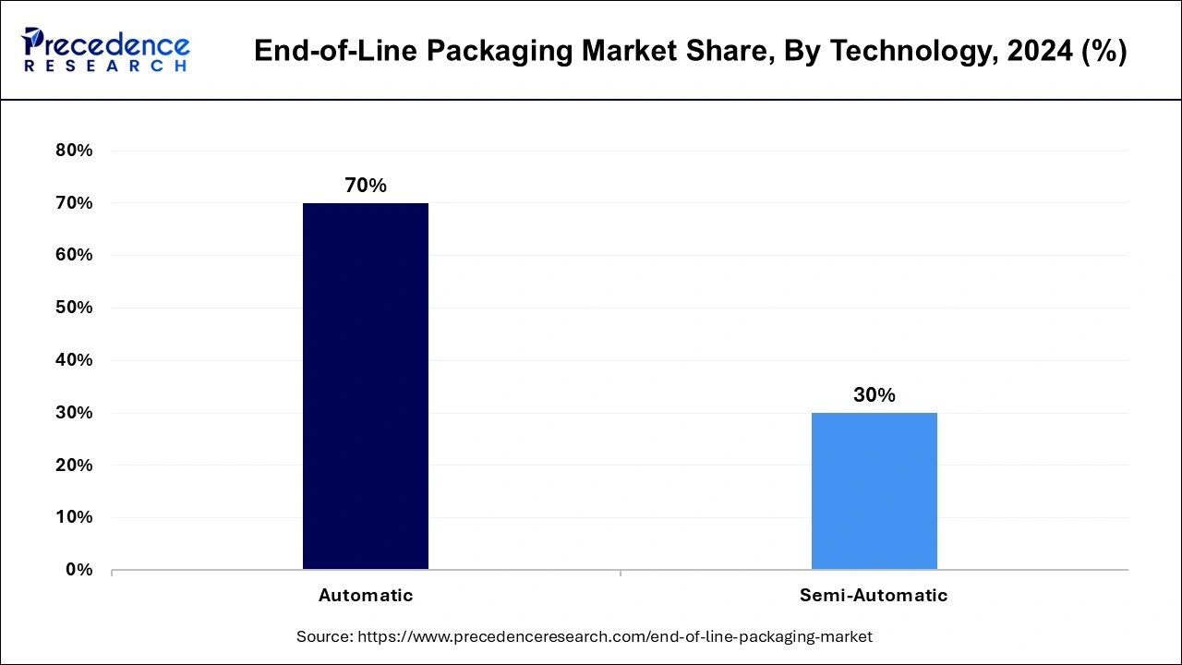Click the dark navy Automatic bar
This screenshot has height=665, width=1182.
(365, 386)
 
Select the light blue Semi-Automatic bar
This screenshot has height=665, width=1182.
(874, 490)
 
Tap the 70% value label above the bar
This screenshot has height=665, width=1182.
(366, 186)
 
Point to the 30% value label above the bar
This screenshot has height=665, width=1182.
(874, 395)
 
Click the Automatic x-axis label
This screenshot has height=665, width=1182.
(366, 596)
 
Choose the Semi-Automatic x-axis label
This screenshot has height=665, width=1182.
(874, 596)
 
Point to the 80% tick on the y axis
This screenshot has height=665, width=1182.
(75, 151)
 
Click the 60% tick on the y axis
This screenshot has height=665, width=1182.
(75, 255)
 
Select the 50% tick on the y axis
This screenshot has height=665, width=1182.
(75, 308)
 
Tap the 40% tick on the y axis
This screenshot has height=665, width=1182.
(75, 360)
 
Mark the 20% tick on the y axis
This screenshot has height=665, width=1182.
(75, 465)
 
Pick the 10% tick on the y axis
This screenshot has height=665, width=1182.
(75, 517)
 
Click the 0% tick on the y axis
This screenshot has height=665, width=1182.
(79, 570)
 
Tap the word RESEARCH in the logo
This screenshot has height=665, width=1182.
(105, 66)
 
